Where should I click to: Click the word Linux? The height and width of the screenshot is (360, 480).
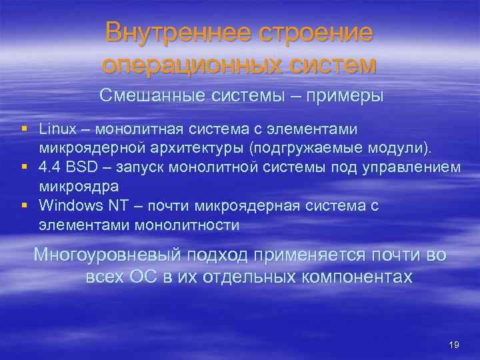(x=58, y=128)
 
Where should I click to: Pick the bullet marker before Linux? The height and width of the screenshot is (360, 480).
(x=24, y=128)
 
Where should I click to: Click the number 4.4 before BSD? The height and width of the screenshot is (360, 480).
(x=49, y=166)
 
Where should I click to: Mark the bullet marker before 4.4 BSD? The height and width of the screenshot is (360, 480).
(x=24, y=166)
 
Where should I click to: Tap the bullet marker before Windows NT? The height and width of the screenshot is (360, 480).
(x=24, y=205)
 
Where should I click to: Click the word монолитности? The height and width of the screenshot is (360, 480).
(x=187, y=225)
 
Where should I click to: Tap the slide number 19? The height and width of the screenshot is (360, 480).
(x=454, y=345)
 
